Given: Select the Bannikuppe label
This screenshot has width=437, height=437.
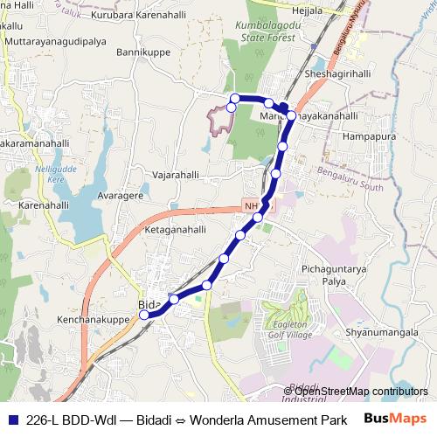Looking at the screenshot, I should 142,52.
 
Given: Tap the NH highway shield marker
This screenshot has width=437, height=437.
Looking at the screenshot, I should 253,205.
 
